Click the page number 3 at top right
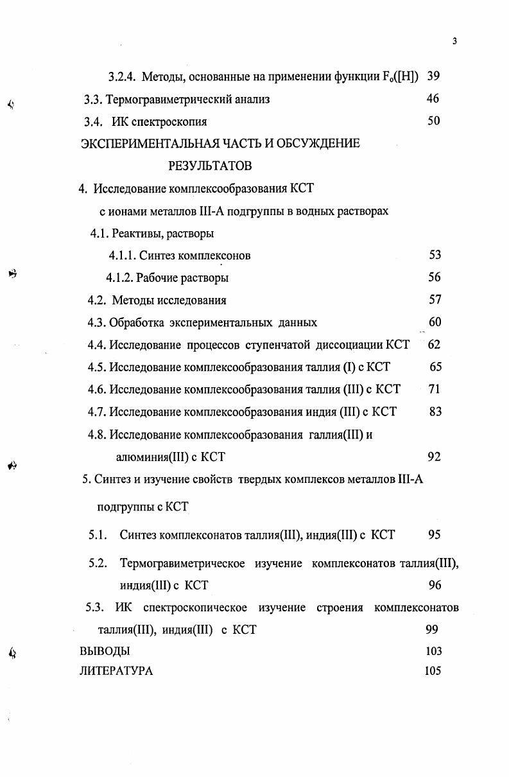click(454, 42)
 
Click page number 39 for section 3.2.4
click(433, 77)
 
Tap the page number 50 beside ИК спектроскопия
click(433, 121)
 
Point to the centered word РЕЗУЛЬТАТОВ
click(210, 166)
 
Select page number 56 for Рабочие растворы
click(435, 277)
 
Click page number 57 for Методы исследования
click(435, 300)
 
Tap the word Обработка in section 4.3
click(135, 322)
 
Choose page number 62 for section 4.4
click(434, 345)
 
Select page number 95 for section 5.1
click(435, 535)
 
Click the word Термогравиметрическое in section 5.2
click(182, 564)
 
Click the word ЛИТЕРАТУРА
click(116, 672)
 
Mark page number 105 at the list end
click(433, 672)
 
